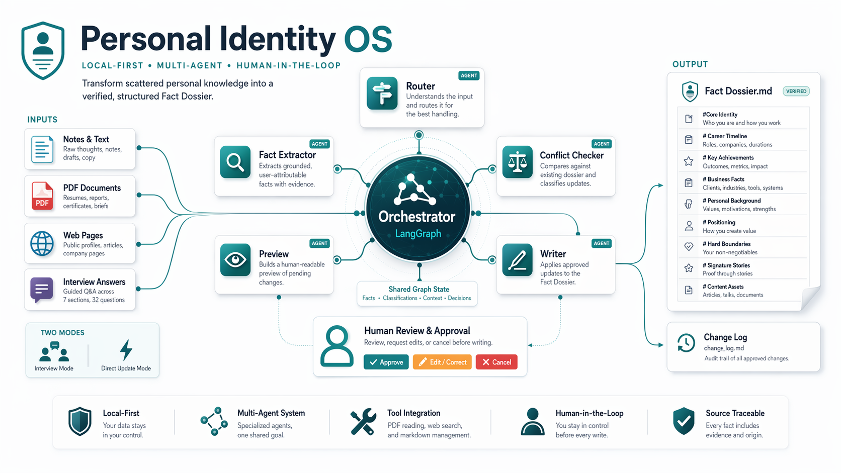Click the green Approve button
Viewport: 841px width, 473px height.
(x=386, y=362)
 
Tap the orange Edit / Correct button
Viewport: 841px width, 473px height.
(x=442, y=362)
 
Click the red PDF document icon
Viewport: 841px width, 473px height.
(x=42, y=196)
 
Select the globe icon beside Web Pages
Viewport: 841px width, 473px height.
(x=42, y=243)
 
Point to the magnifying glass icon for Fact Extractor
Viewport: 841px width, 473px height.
(x=235, y=162)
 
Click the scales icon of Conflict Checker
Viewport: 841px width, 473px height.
(x=518, y=162)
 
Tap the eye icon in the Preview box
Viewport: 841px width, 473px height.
(x=235, y=260)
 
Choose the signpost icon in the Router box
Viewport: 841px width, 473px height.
(x=382, y=93)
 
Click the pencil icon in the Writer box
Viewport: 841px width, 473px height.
(x=518, y=260)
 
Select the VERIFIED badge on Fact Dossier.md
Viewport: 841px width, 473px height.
(x=796, y=91)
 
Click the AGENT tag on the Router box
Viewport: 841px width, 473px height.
(x=469, y=75)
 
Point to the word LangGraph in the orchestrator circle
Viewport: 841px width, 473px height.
(x=418, y=234)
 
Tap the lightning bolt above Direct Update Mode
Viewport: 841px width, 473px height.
(x=126, y=350)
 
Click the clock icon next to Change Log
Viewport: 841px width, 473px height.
(x=686, y=343)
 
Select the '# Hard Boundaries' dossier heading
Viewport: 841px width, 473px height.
(x=726, y=244)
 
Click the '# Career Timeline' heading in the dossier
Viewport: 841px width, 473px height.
(x=725, y=136)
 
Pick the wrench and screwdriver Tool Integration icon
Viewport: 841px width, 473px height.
(x=363, y=422)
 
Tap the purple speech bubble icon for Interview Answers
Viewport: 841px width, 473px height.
(x=42, y=290)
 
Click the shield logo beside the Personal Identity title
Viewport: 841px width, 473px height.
(x=43, y=51)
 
